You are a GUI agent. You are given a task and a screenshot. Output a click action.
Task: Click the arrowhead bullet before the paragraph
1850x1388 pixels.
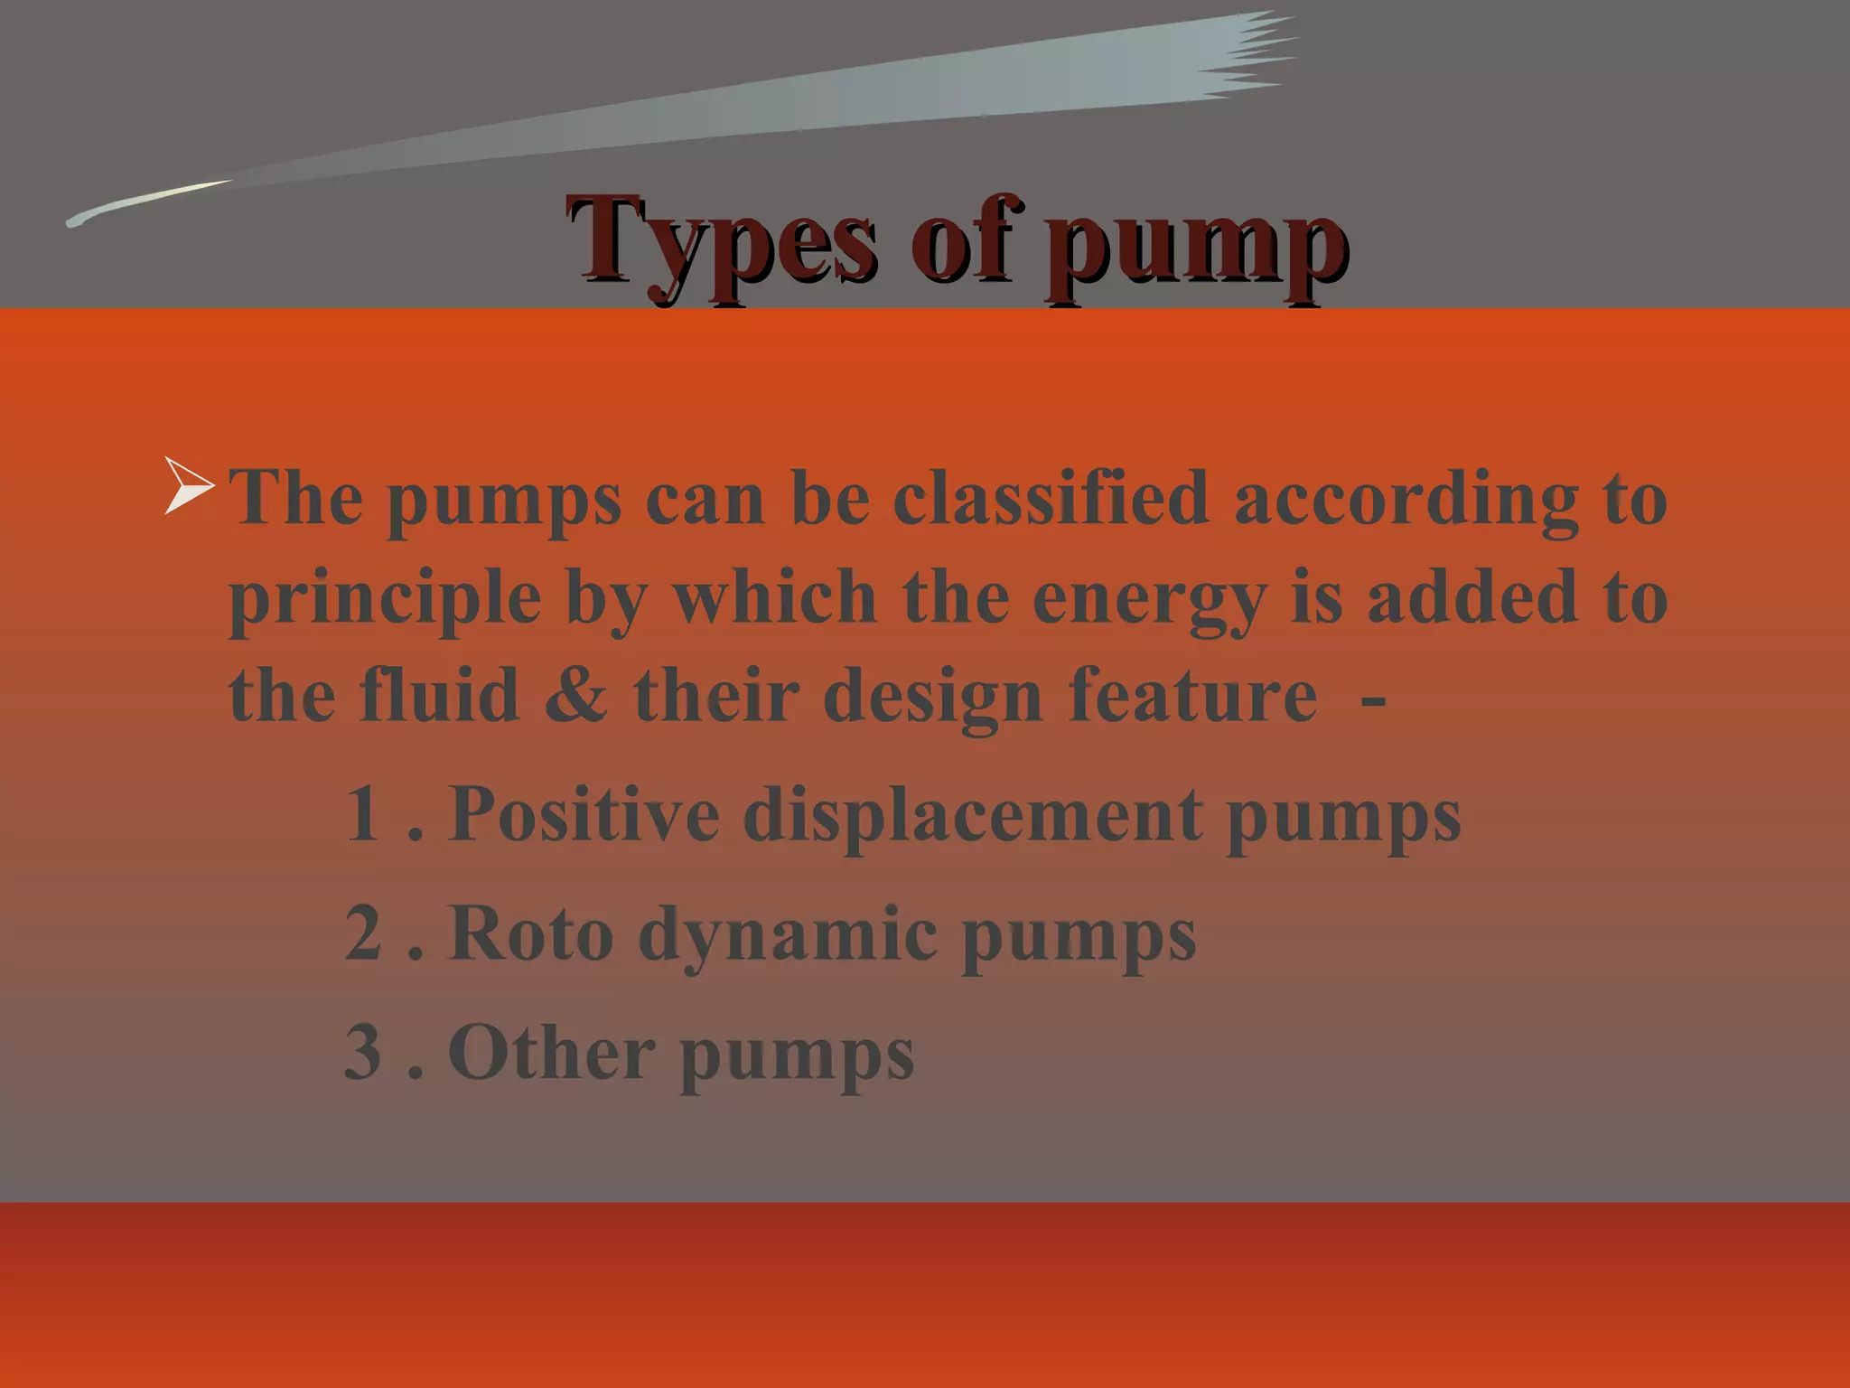(188, 486)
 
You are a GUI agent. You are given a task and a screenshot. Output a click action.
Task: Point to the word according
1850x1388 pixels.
(1406, 499)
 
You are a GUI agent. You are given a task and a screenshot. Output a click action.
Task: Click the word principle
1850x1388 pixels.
(385, 598)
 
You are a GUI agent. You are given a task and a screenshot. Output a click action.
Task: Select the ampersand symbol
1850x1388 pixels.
(576, 696)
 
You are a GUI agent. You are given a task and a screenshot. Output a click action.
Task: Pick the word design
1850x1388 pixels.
(933, 698)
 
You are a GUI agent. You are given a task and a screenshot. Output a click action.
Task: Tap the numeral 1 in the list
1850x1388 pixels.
(362, 813)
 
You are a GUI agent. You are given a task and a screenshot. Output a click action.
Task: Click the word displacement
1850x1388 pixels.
(972, 815)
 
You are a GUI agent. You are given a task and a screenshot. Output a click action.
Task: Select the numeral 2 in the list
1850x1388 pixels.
(363, 933)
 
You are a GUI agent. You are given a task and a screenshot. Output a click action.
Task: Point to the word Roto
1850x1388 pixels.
(532, 933)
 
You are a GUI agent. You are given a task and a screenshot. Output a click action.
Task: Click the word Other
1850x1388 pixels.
(551, 1052)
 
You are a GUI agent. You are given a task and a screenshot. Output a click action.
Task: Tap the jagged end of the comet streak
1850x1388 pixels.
(1256, 54)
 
